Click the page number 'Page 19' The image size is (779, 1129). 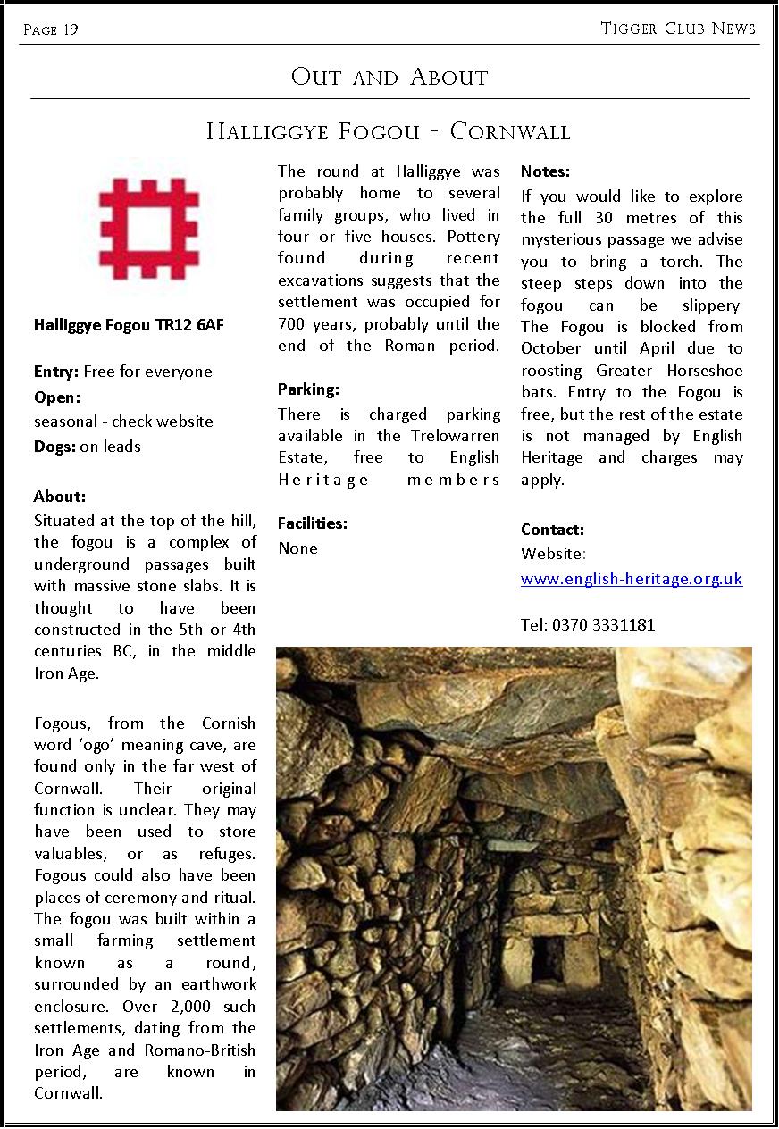click(x=51, y=30)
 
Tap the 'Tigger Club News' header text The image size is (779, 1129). click(x=678, y=29)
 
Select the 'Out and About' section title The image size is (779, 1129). click(x=389, y=77)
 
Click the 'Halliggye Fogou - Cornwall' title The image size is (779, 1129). click(x=388, y=132)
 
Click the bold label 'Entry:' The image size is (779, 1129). click(x=56, y=372)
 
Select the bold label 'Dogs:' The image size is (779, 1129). click(x=54, y=447)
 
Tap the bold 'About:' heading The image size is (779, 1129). click(x=60, y=497)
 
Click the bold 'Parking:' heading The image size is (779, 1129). click(x=308, y=389)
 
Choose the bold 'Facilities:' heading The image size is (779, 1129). click(x=313, y=523)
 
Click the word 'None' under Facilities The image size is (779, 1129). click(x=297, y=548)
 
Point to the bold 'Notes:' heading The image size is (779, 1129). click(x=545, y=171)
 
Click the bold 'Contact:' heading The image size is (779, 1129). click(x=552, y=530)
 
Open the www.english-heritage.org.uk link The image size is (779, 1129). click(x=632, y=579)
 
